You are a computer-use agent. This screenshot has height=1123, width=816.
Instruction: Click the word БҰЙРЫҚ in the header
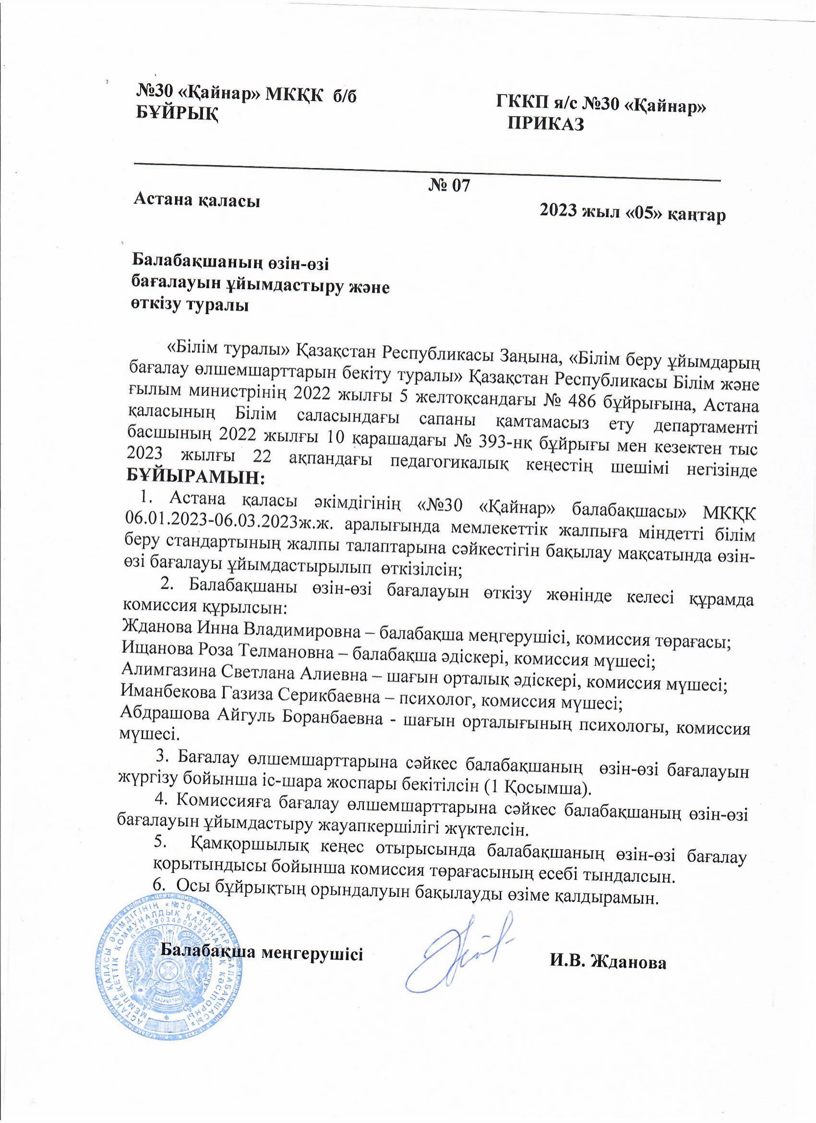coord(177,114)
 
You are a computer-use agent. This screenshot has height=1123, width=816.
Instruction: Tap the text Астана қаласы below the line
coord(198,201)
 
